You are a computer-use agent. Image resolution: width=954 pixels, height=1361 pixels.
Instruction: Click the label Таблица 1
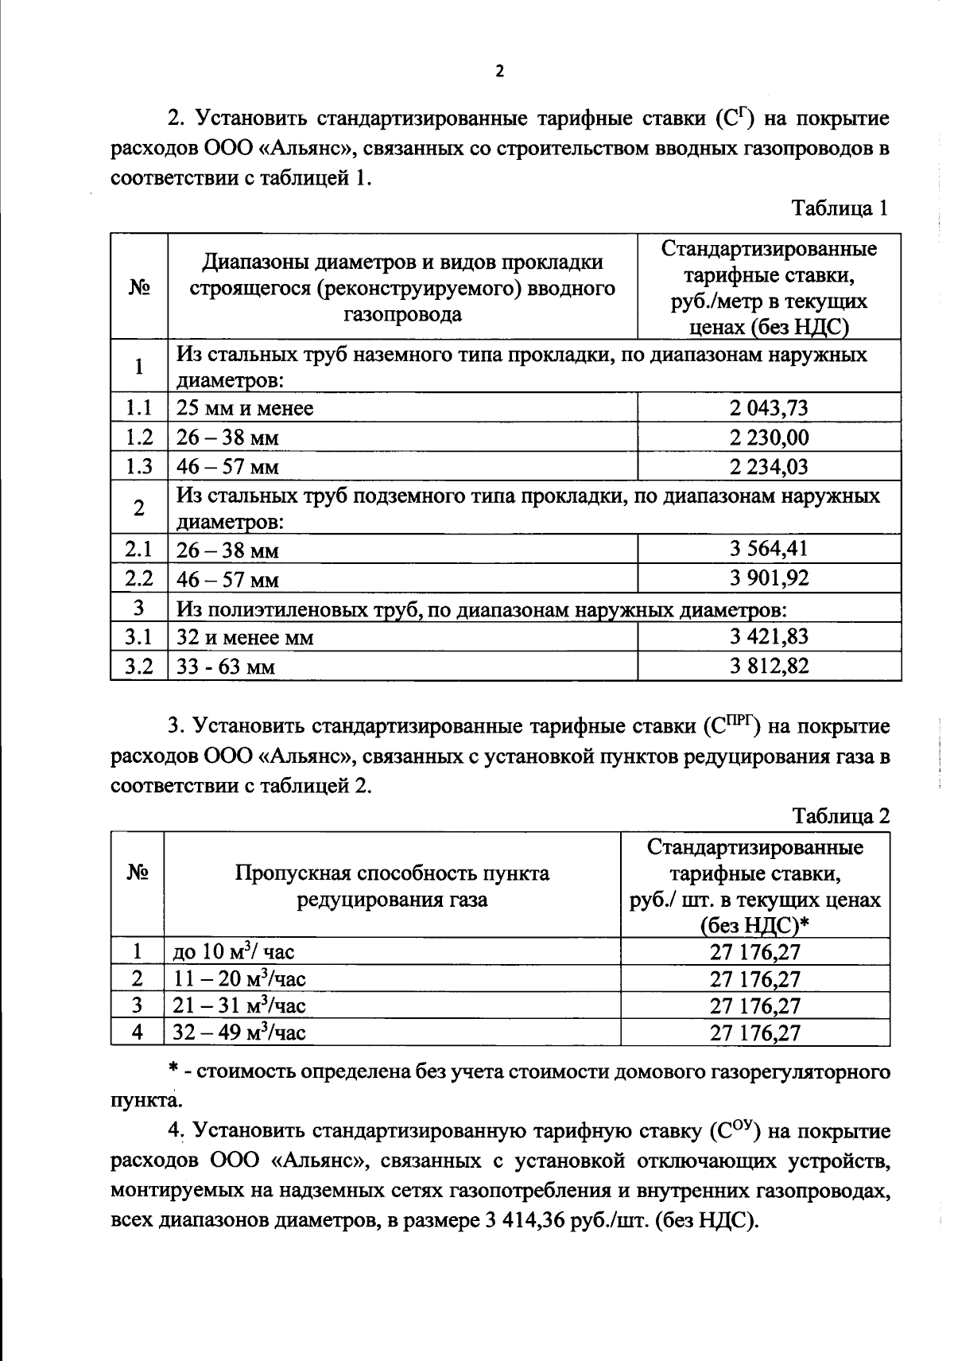[839, 209]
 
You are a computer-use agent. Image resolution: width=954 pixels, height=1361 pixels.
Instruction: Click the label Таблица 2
[840, 816]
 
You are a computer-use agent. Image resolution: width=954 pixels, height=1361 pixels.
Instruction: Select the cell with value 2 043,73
[769, 408]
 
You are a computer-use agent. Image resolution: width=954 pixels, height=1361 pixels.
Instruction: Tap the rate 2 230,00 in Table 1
[769, 437]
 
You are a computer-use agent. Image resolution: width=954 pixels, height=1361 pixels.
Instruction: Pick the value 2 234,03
[769, 466]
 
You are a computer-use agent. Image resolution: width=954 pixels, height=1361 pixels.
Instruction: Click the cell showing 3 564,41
[769, 549]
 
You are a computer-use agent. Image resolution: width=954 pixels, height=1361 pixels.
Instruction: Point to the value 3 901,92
[769, 578]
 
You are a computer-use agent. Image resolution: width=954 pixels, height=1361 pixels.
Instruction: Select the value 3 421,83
[769, 636]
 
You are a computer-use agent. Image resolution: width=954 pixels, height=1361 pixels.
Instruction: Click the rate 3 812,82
[769, 666]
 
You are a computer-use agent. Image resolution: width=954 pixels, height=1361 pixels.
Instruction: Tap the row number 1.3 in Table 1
[139, 466]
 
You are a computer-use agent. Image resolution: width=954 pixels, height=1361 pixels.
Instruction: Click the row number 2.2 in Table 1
[139, 578]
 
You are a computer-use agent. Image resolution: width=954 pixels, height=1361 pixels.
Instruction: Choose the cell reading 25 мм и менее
[245, 409]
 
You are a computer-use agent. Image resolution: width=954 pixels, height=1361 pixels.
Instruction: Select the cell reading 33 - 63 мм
[226, 667]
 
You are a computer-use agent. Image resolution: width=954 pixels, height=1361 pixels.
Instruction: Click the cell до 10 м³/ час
[233, 951]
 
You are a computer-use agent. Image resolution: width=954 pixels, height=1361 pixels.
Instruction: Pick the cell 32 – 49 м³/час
[239, 1032]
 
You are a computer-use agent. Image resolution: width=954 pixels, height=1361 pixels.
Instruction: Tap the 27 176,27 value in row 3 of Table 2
[754, 1006]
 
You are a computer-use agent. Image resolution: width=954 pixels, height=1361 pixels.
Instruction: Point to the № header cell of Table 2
[138, 873]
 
